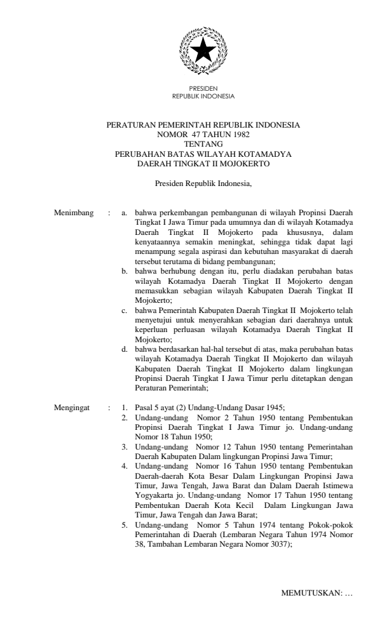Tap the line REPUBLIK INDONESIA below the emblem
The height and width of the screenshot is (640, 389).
point(203,97)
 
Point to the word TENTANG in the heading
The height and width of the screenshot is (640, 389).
point(203,143)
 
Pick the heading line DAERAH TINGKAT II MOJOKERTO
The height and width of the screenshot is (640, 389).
point(203,163)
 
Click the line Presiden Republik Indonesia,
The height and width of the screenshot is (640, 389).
point(203,184)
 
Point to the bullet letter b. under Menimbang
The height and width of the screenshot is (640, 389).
point(125,271)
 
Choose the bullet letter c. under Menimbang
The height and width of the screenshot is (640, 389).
point(125,312)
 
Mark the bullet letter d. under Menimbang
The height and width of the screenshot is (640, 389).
point(125,349)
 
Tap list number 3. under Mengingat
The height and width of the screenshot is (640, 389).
point(125,447)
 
